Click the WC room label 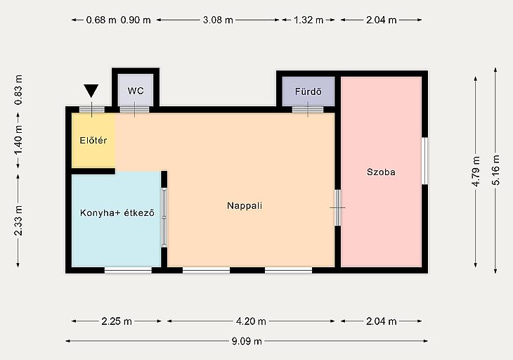click(x=136, y=91)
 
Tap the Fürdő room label click(x=309, y=91)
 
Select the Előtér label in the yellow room click(x=93, y=141)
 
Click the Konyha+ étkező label click(x=117, y=213)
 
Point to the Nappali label click(x=245, y=205)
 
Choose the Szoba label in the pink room click(x=381, y=172)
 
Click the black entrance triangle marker click(x=91, y=91)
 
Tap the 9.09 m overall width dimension click(x=247, y=341)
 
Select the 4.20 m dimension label click(x=251, y=321)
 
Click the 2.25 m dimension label click(x=117, y=321)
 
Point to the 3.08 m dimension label click(x=218, y=20)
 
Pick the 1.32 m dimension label click(x=309, y=20)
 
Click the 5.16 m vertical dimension click(x=496, y=170)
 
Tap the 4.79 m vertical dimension click(x=476, y=172)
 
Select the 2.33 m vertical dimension click(x=18, y=221)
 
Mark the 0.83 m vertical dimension click(x=18, y=90)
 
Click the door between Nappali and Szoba click(x=337, y=208)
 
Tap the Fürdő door click(x=308, y=109)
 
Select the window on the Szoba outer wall click(x=424, y=161)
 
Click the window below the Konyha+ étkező click(x=128, y=270)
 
